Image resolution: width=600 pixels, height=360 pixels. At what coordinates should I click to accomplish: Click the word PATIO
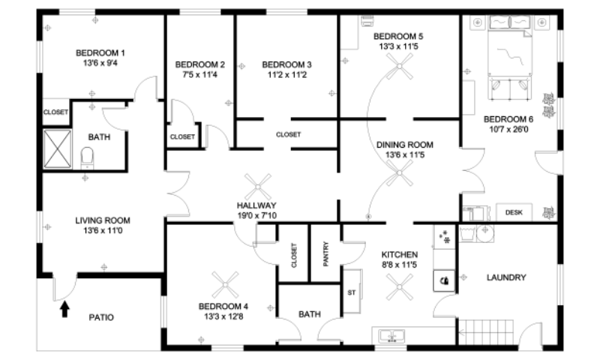tap(101, 318)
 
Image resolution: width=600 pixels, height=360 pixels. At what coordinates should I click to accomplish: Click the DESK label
tap(514, 213)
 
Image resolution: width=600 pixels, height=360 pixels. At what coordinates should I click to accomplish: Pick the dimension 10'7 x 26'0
tap(508, 129)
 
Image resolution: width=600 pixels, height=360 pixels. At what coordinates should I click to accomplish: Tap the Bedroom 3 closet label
tap(288, 135)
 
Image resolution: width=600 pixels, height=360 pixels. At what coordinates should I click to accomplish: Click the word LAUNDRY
tap(506, 277)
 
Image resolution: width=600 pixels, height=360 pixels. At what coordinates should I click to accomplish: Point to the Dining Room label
tap(409, 145)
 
